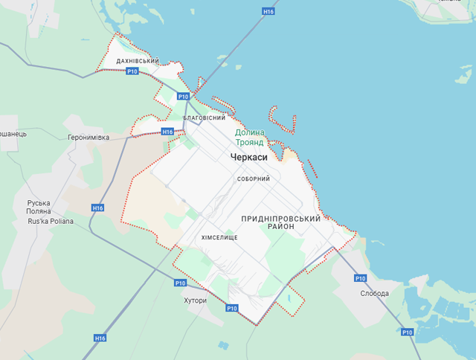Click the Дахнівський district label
coord(138,61)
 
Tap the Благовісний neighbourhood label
coord(204,118)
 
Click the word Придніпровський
coord(281,219)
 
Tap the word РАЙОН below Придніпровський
coord(282,227)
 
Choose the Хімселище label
coord(219,237)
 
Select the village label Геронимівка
coord(89,138)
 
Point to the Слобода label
coord(374,293)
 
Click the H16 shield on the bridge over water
coord(268,12)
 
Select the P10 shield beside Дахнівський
coord(132,71)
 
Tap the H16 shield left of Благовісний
coord(167,132)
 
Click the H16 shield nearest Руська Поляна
coord(98,208)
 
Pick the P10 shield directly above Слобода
coord(360,278)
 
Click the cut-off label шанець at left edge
coord(13,134)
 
